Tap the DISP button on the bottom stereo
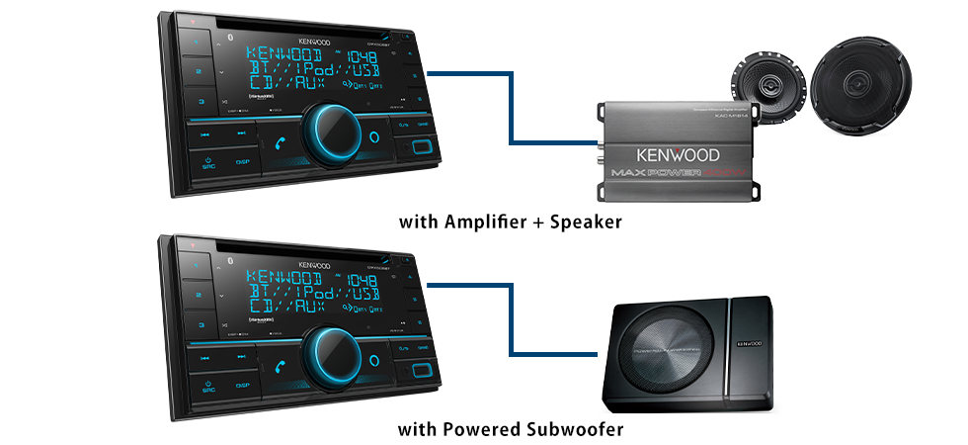pyautogui.click(x=243, y=385)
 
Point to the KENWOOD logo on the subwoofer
pyautogui.click(x=749, y=347)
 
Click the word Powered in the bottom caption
pyautogui.click(x=480, y=430)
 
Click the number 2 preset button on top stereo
pyautogui.click(x=198, y=73)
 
